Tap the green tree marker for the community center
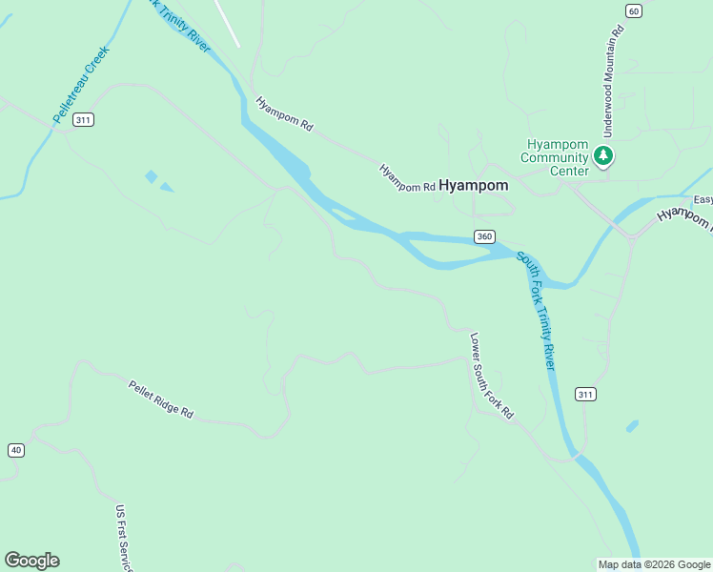pyautogui.click(x=602, y=154)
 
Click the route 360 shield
pyautogui.click(x=484, y=236)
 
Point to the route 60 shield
pyautogui.click(x=633, y=10)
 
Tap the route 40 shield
pyautogui.click(x=15, y=450)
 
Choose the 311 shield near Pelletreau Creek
pyautogui.click(x=84, y=119)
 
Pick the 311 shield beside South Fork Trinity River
pyautogui.click(x=584, y=394)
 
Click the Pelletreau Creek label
pyautogui.click(x=81, y=84)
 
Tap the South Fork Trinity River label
pyautogui.click(x=536, y=311)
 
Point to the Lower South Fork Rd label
pyautogui.click(x=492, y=376)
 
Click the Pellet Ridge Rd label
pyautogui.click(x=161, y=399)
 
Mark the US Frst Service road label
pyautogui.click(x=124, y=539)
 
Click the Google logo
pyautogui.click(x=31, y=561)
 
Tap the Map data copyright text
pyautogui.click(x=654, y=564)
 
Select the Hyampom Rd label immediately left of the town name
pyautogui.click(x=407, y=178)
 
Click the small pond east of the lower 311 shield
pyautogui.click(x=632, y=425)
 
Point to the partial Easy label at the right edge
pyautogui.click(x=703, y=199)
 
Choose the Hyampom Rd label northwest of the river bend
pyautogui.click(x=284, y=112)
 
